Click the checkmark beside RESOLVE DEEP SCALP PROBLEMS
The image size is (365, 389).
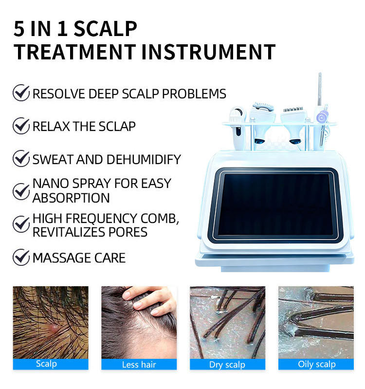(21, 93)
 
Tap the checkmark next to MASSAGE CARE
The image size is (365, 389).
(21, 257)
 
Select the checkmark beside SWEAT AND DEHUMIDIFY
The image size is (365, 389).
(21, 158)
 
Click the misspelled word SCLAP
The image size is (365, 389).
(117, 127)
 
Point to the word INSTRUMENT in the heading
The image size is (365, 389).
(208, 52)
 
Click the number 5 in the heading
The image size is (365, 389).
(19, 29)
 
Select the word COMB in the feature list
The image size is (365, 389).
(160, 219)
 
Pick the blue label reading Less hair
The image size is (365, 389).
(139, 365)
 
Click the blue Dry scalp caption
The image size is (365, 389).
(227, 365)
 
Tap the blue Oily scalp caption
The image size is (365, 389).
(316, 364)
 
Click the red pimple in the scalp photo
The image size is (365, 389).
(54, 328)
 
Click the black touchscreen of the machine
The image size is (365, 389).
(275, 204)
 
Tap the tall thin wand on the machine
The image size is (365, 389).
(320, 89)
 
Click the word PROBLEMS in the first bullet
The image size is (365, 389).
(194, 94)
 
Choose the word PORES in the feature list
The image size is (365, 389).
(128, 232)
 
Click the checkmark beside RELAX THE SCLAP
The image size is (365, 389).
(21, 126)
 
